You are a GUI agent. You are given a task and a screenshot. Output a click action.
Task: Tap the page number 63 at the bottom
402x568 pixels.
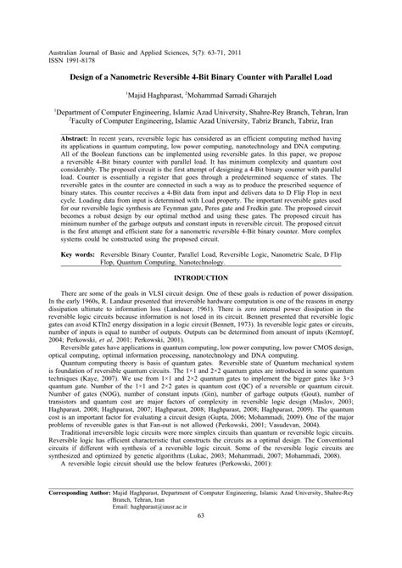coord(201,540)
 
